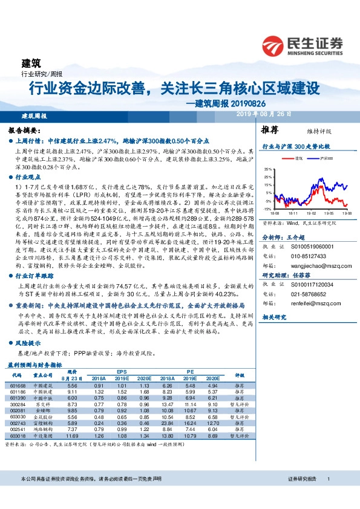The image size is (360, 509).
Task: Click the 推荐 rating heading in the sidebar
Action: point(269,130)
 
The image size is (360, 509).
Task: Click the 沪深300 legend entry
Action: point(323,158)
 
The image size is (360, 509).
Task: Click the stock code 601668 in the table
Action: point(18,385)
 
